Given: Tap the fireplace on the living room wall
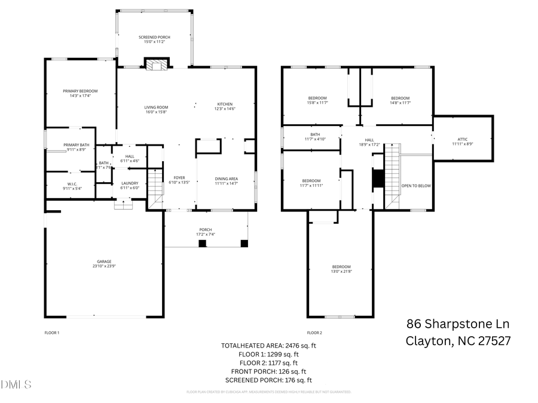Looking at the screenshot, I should [157, 64].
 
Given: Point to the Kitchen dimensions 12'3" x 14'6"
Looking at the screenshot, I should [225, 109].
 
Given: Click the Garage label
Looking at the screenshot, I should [104, 262].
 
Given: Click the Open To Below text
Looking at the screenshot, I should [415, 186].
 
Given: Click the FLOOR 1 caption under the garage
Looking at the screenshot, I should [52, 333].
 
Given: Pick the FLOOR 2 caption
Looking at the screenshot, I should [314, 333].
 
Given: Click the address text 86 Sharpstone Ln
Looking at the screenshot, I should [458, 324].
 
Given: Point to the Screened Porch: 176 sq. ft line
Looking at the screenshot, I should [268, 380].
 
